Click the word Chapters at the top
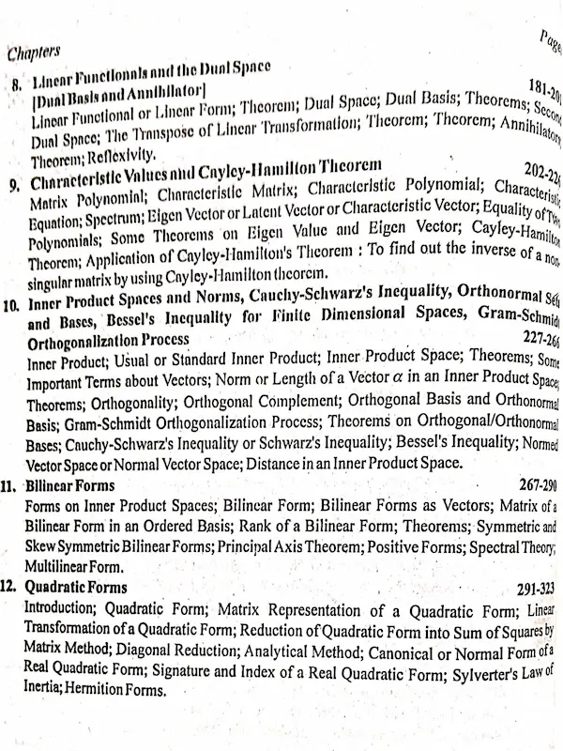tap(34, 54)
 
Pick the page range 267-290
tap(536, 485)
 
